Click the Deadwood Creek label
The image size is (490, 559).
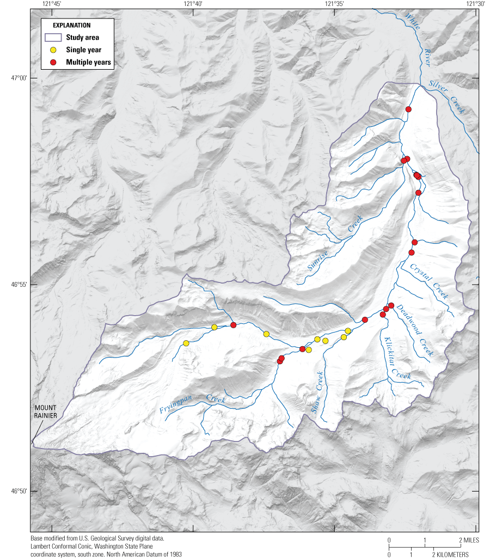[x=415, y=330]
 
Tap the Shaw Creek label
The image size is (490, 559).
[x=318, y=392]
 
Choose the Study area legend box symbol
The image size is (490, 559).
[x=53, y=38]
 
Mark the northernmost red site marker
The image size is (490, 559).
[x=408, y=109]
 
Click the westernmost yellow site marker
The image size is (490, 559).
[x=186, y=343]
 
